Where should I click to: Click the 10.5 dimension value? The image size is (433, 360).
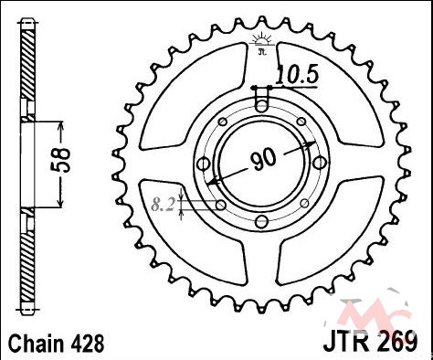point(297,75)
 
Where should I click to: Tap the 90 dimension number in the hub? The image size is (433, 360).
point(264,159)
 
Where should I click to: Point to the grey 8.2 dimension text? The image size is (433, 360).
point(163,204)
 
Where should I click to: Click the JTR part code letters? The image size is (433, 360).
point(349,341)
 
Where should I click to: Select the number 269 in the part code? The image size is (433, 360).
point(398,341)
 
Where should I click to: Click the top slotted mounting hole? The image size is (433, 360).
point(261,101)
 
